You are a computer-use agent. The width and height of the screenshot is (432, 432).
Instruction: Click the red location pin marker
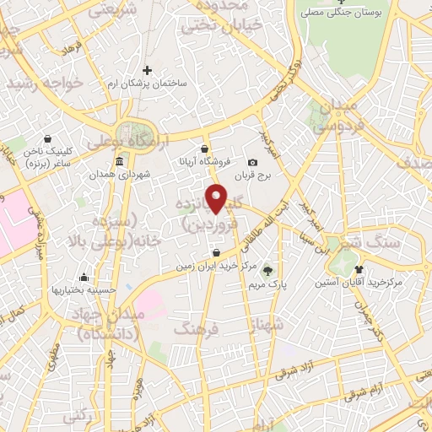[217, 198]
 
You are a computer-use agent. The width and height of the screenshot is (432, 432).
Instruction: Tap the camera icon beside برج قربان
[252, 163]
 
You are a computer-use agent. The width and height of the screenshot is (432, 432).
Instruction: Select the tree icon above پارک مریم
[268, 271]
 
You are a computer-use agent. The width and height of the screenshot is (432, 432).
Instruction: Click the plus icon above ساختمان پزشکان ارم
[148, 70]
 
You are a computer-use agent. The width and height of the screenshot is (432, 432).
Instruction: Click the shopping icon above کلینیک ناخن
[46, 138]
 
